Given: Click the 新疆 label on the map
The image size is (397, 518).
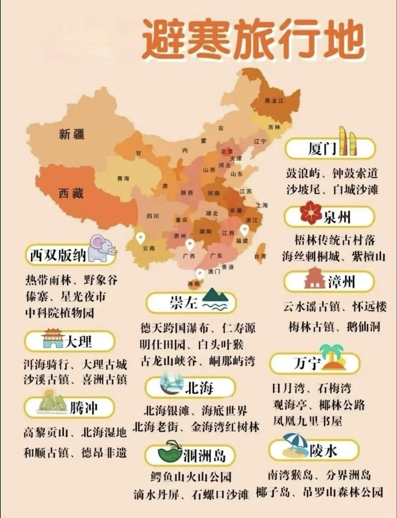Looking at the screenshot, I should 72,135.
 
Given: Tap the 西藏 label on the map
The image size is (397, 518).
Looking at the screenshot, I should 71,193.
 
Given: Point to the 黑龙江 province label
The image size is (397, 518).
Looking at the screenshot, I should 274,101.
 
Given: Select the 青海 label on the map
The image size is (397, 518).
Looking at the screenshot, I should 123,179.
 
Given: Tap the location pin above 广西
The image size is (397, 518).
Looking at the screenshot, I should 190,244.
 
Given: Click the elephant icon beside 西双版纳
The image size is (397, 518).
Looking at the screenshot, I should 101,248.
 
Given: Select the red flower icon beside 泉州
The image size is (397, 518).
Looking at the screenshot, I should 311,213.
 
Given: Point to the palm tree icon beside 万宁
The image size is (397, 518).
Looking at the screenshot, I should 332,357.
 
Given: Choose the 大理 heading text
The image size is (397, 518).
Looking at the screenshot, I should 78,341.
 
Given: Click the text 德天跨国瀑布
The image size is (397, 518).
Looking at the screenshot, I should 174,328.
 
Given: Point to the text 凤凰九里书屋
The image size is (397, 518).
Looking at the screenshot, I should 308,421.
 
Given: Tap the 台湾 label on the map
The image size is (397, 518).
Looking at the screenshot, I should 260,256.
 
